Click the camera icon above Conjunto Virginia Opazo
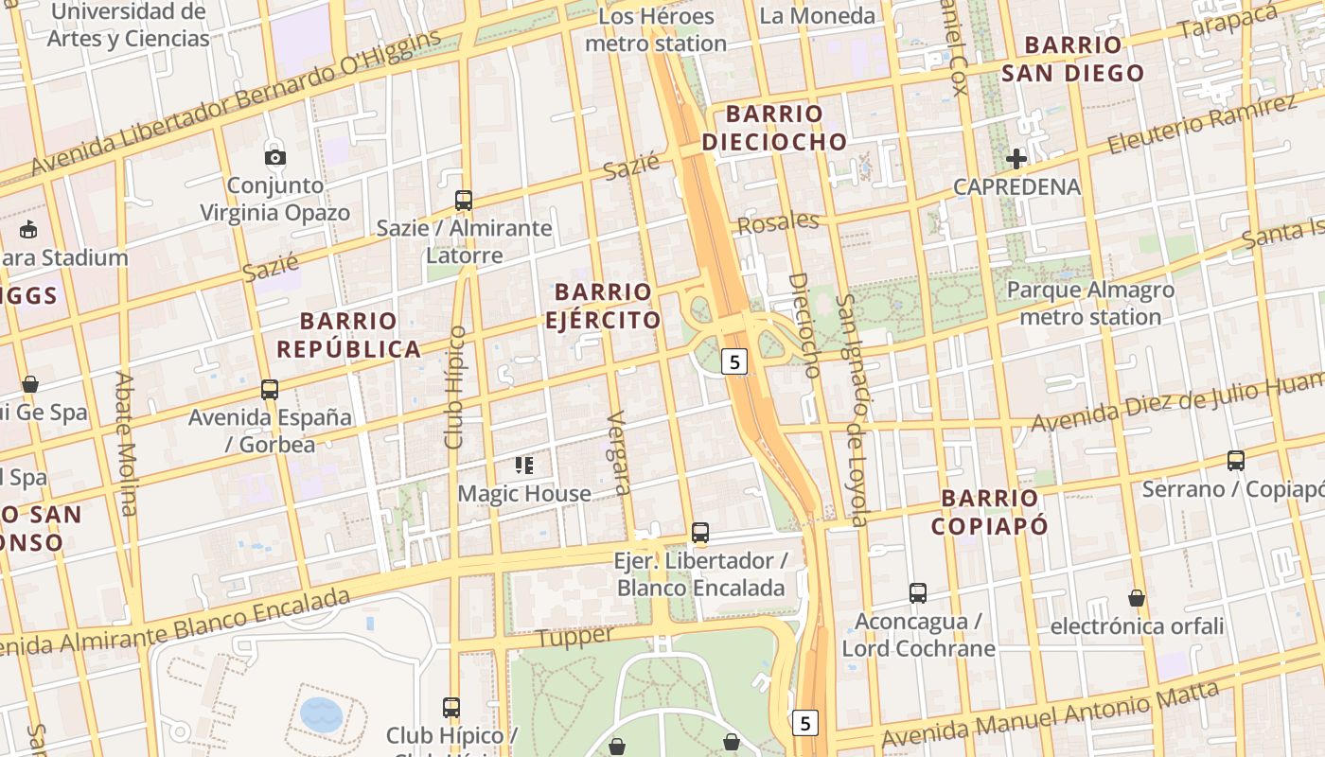(274, 157)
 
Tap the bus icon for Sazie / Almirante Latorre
(463, 201)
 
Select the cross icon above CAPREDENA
(1016, 159)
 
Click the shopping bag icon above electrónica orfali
(1136, 598)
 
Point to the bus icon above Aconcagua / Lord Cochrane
(917, 593)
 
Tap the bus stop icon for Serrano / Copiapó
(1235, 461)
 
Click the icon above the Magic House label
(523, 465)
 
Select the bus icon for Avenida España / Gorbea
(270, 389)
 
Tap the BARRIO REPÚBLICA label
(348, 335)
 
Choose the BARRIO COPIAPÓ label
(990, 512)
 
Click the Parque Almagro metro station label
(1090, 303)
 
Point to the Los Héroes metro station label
(656, 30)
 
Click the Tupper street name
(574, 637)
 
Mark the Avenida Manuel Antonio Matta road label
(1051, 715)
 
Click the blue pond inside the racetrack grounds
(321, 714)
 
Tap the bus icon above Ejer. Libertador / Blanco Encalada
(699, 533)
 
